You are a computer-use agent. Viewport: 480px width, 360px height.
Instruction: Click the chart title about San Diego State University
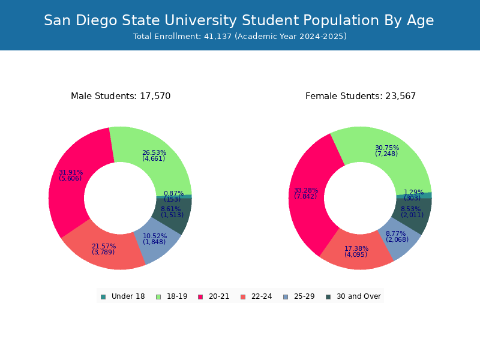239,20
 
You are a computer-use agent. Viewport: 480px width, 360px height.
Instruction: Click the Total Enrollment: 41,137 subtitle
240,37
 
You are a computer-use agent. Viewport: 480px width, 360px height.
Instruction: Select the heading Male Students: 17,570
121,96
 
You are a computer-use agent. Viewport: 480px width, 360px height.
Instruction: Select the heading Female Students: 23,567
360,96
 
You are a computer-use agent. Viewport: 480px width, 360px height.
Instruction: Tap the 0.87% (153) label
173,196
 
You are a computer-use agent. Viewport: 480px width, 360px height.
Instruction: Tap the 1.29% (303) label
413,195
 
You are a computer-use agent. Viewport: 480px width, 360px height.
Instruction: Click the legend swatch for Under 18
103,296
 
